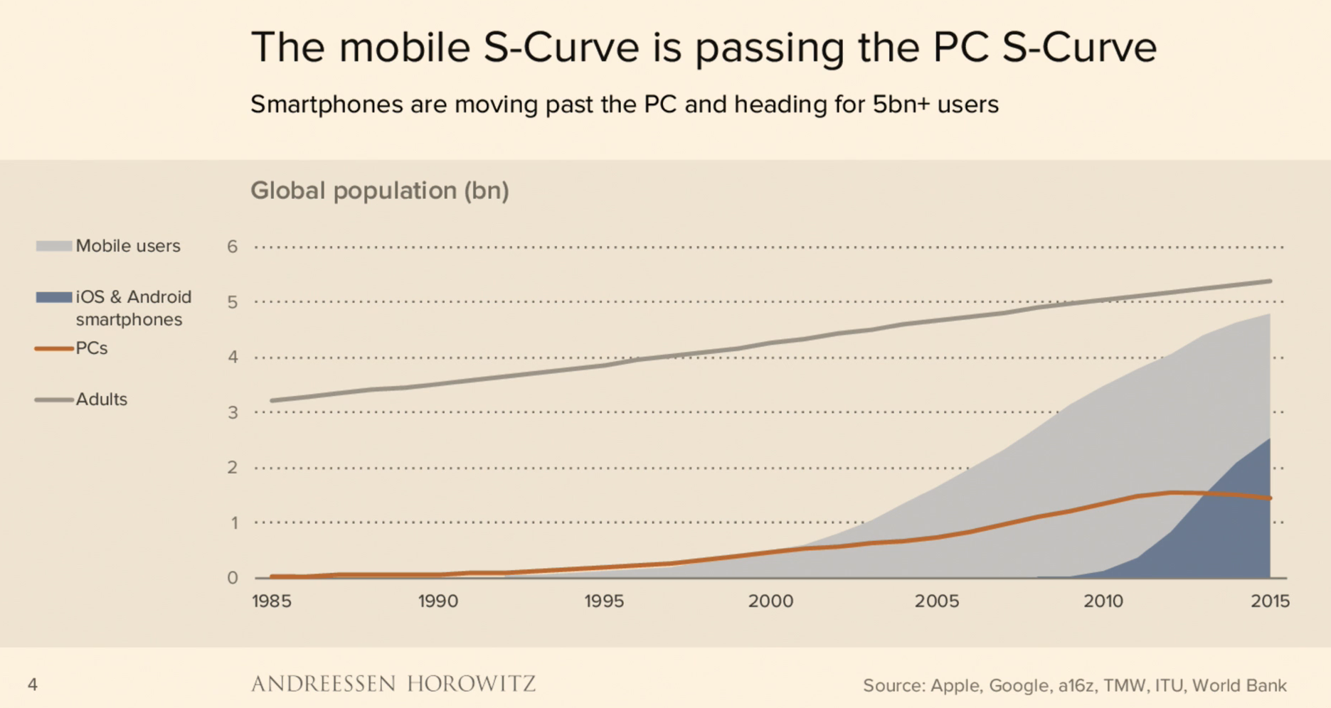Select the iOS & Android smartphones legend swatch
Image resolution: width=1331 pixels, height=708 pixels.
pos(54,297)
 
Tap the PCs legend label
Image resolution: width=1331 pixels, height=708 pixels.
pos(92,348)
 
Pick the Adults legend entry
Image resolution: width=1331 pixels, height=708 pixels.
pos(101,399)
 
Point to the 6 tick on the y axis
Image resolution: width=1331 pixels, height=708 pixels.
pos(232,247)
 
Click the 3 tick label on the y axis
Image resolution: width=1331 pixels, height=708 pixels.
pos(232,412)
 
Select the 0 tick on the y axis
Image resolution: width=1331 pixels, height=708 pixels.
pos(232,578)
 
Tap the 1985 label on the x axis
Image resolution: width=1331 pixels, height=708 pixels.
pos(271,601)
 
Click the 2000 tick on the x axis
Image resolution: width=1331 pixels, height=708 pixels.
pos(770,601)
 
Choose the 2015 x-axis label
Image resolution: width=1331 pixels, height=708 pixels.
pos(1270,601)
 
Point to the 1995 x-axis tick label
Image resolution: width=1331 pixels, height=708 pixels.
pos(604,601)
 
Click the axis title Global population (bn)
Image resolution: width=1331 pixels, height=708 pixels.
pos(380,191)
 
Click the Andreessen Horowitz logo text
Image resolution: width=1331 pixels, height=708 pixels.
pos(393,684)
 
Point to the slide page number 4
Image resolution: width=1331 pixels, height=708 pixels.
pos(32,685)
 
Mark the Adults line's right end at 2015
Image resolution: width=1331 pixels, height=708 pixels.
pos(1270,281)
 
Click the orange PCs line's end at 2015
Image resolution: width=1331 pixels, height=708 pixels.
pos(1270,498)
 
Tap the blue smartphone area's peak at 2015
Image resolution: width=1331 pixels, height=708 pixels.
pos(1269,439)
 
